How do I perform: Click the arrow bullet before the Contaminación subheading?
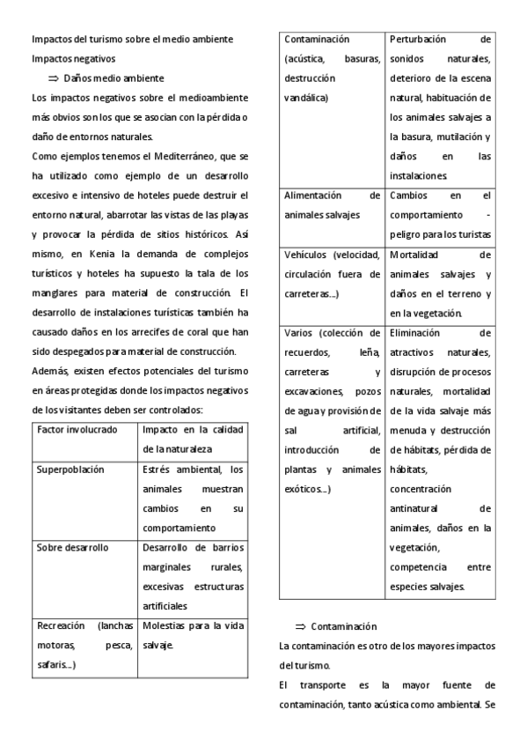click(x=299, y=626)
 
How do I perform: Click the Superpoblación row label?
click(x=70, y=470)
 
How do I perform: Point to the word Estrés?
click(x=158, y=470)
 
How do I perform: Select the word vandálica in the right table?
click(x=305, y=98)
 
